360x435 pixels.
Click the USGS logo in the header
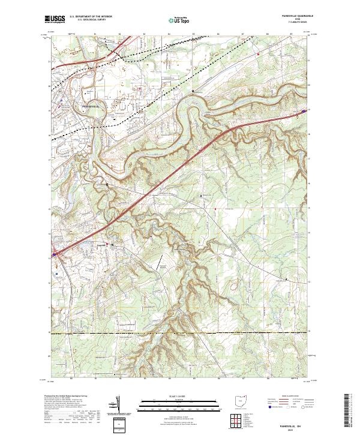55,20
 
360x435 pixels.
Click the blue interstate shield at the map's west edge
54,254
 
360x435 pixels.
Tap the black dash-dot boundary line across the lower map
180,332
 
